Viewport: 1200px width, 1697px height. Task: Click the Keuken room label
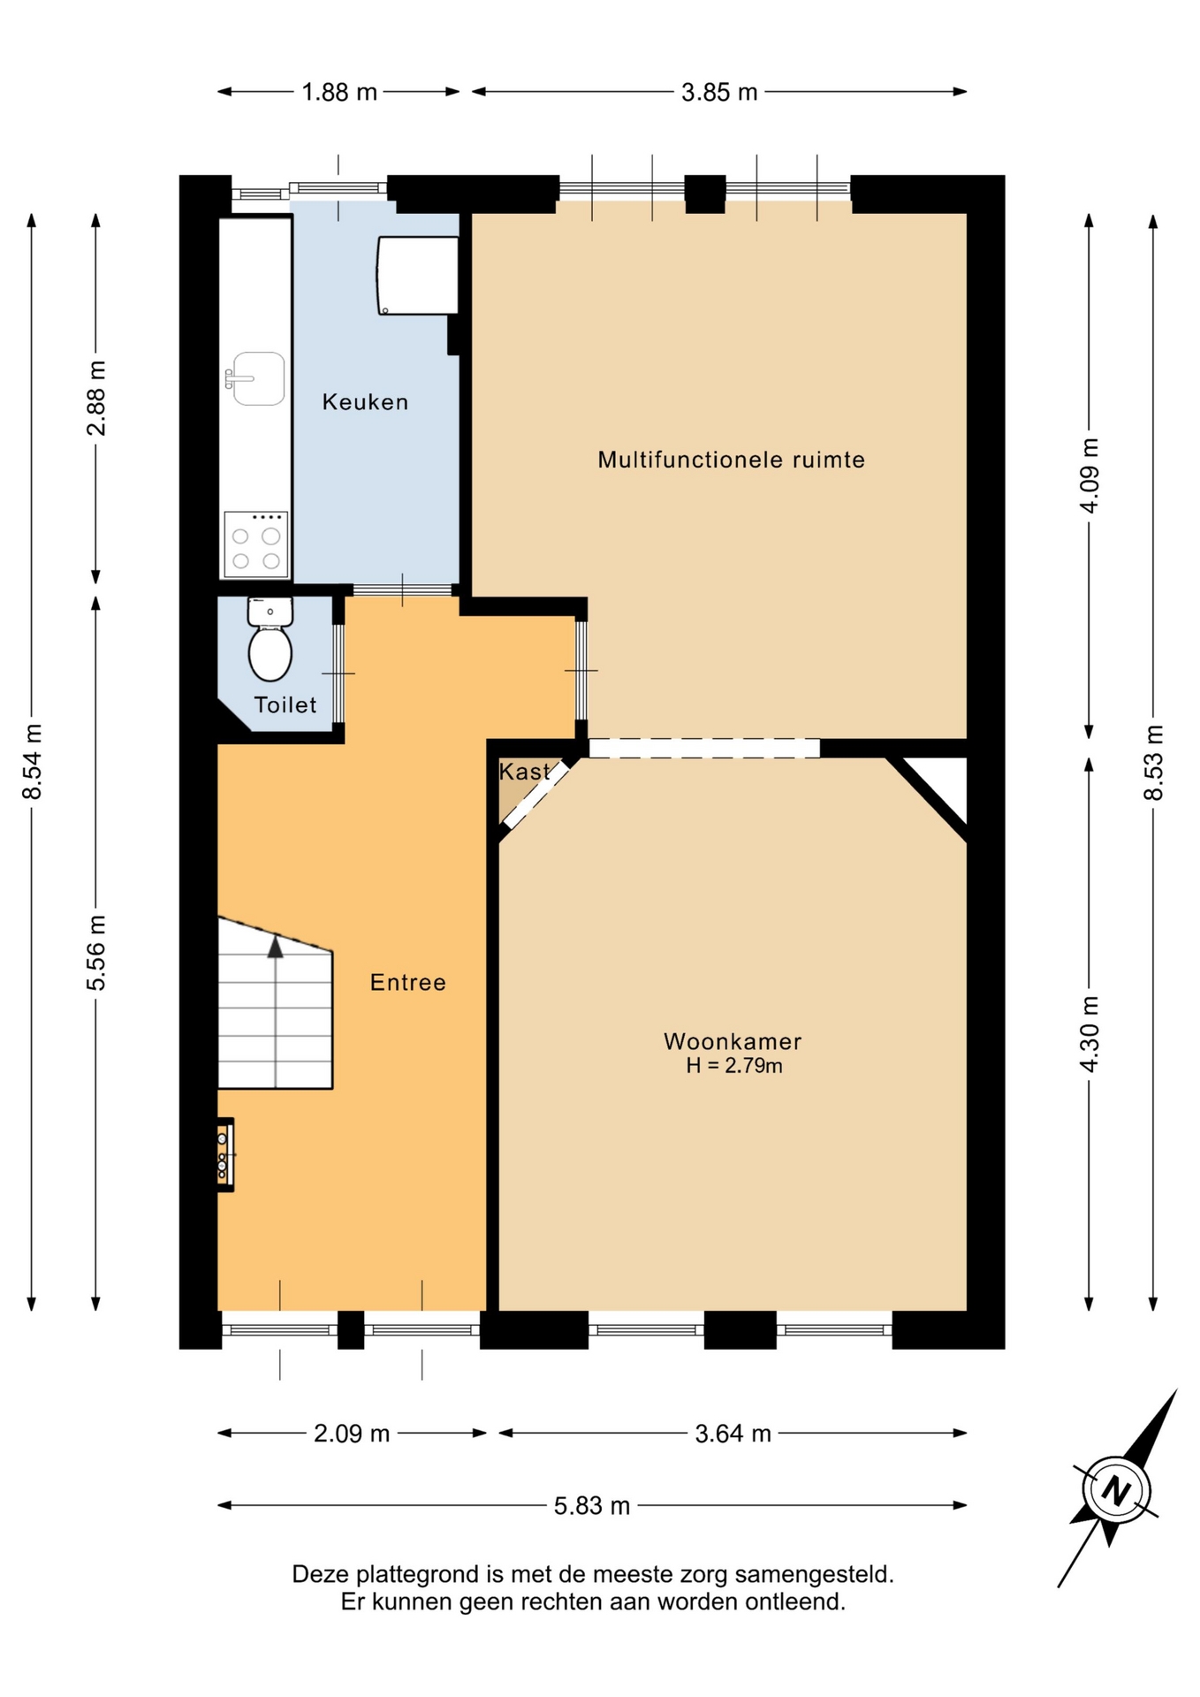(365, 402)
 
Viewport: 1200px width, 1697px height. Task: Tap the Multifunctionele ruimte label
(731, 460)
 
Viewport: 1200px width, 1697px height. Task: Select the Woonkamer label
(733, 1041)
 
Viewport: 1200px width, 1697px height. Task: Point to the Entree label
(407, 982)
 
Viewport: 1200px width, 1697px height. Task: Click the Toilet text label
(285, 704)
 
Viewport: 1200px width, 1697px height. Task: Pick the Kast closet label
(524, 772)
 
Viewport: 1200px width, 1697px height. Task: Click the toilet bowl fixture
(270, 652)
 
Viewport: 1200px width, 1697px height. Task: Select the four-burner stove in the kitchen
(256, 544)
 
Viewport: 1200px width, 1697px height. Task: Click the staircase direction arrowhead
(276, 947)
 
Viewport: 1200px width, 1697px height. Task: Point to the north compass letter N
(1116, 1491)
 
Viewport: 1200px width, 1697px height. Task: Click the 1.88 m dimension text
(339, 92)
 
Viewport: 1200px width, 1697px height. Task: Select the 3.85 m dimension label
(719, 92)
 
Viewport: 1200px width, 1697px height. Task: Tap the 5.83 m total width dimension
(592, 1505)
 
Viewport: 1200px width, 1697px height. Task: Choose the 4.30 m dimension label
(1090, 1034)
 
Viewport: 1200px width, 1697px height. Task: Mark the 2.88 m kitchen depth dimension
(96, 398)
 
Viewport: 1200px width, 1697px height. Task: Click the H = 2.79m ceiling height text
(734, 1066)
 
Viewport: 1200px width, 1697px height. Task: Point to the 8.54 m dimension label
(33, 761)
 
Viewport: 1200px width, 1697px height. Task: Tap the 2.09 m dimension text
(352, 1434)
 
